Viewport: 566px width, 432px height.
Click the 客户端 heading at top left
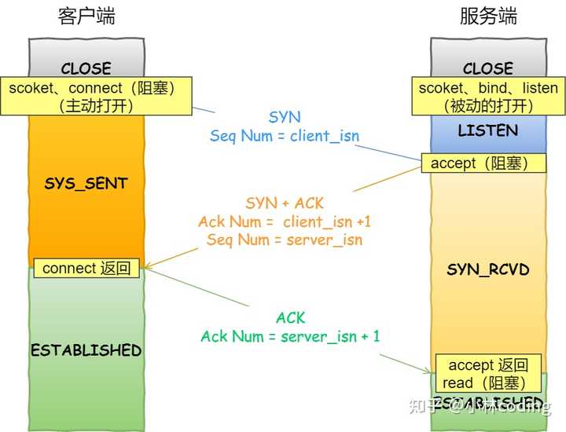pos(86,16)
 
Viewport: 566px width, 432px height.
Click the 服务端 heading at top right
pos(488,16)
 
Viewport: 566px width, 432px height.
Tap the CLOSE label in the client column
pos(86,68)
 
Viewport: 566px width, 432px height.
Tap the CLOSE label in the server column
pos(488,68)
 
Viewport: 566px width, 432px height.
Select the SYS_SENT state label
pos(86,184)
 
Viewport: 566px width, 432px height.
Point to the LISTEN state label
pos(488,130)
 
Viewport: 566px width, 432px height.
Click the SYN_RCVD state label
pos(488,269)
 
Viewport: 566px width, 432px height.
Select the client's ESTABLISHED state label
pos(86,350)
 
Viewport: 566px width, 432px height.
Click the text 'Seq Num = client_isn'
pos(285,136)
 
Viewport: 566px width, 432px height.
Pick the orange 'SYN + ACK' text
pos(285,203)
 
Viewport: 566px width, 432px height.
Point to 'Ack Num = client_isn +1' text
pos(285,221)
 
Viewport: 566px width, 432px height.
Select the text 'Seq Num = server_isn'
pos(285,240)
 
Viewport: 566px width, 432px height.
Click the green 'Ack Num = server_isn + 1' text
pos(290,336)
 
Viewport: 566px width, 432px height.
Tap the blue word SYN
pos(285,117)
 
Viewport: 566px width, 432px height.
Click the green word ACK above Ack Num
pos(290,318)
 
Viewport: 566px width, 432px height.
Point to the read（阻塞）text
pos(483,383)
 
